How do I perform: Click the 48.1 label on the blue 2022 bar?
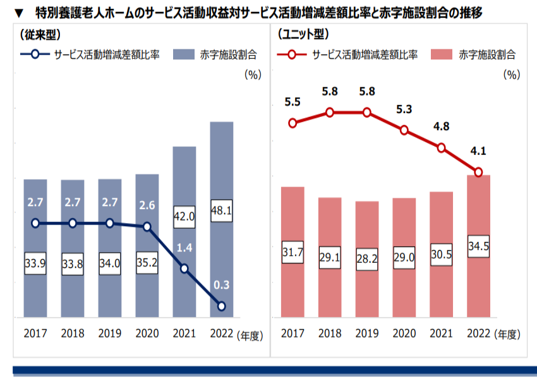[x=221, y=209]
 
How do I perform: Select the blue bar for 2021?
[x=184, y=190]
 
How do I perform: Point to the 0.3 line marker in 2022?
[x=221, y=306]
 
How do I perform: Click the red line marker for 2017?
[x=293, y=123]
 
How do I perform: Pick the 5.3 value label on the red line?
[x=404, y=109]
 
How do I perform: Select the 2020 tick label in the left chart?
[x=147, y=334]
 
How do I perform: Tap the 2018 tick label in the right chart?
[x=330, y=334]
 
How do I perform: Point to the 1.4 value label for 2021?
[x=184, y=247]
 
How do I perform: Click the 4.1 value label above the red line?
[x=478, y=151]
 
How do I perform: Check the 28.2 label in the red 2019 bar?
[x=368, y=258]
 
